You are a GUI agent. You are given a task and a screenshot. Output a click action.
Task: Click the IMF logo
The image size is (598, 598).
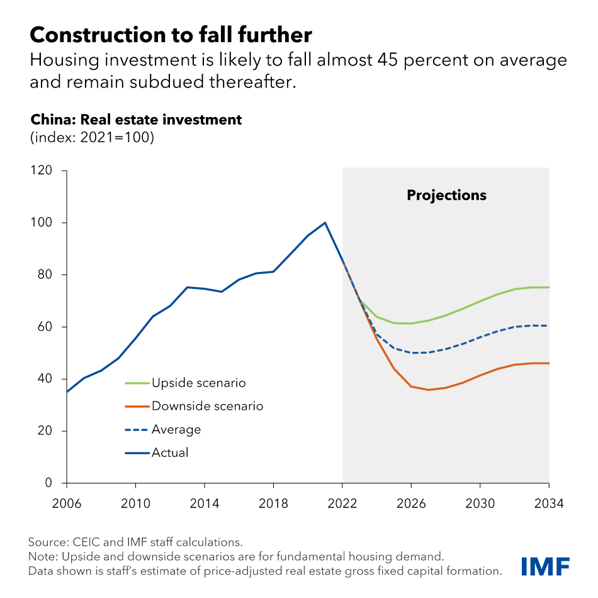tap(545, 566)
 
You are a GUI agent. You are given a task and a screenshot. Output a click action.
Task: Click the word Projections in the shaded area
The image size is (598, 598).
tap(446, 195)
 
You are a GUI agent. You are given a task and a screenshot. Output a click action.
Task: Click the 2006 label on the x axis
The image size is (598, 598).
tap(66, 504)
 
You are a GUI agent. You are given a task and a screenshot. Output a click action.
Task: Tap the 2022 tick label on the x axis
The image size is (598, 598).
tap(342, 504)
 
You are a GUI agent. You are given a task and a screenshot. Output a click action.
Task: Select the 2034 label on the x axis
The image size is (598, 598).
tap(549, 504)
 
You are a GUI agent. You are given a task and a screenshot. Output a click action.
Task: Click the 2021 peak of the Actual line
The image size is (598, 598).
tap(325, 222)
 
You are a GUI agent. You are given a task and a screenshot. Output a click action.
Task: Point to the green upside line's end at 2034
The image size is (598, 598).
tap(549, 288)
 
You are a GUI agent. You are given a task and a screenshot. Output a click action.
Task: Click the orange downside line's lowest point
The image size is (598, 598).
tap(429, 390)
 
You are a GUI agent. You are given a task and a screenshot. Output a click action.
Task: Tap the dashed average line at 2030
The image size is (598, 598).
tap(480, 337)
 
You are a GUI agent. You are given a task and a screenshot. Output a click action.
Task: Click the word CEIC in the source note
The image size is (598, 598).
tap(86, 542)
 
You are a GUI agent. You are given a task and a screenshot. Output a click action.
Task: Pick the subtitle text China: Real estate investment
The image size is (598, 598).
tap(136, 120)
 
